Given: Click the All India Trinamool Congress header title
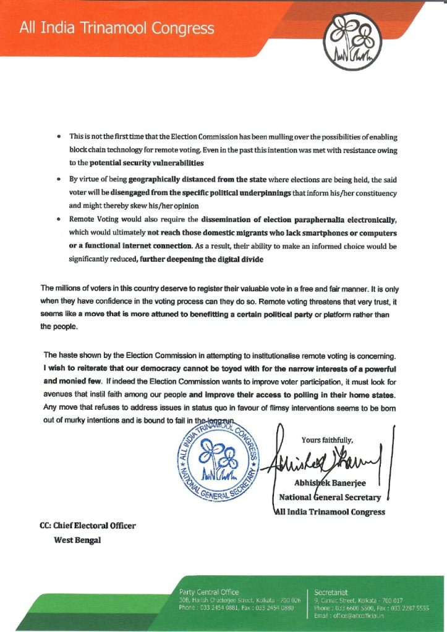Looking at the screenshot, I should click(x=117, y=28).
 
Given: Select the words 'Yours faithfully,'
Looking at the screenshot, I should click(x=327, y=440).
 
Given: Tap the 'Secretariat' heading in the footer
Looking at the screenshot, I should click(x=334, y=592).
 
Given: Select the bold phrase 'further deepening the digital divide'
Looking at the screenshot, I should click(x=202, y=260).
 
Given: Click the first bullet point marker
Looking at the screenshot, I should click(x=58, y=135).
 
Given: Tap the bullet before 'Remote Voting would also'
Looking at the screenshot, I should click(x=58, y=219).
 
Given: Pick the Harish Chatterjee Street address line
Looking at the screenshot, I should click(x=239, y=600).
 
